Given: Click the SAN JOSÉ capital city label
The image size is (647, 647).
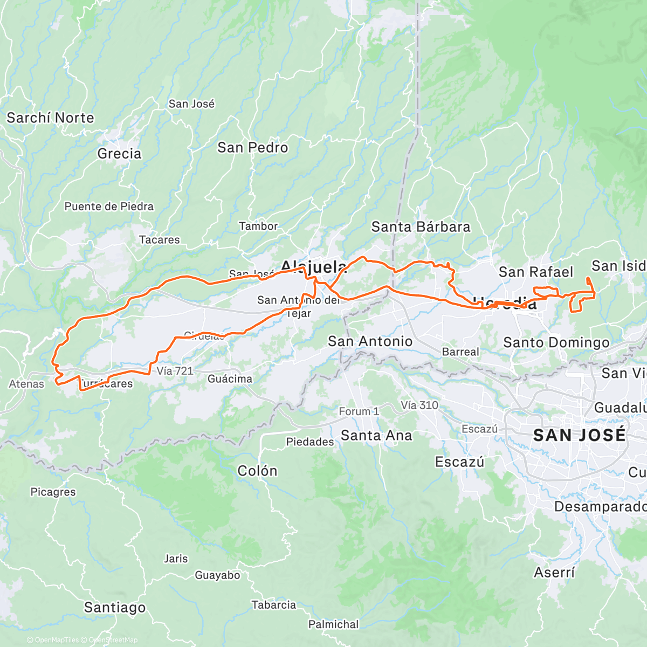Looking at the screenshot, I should pos(579,435).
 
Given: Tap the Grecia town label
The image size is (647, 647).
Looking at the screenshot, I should pos(119,154).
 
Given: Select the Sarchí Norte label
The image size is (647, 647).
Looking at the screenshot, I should pos(50,118).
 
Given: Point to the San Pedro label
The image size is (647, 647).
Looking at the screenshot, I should pos(252,148).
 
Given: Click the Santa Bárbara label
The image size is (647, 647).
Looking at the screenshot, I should pos(421,227).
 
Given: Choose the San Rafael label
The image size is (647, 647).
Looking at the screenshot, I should pos(536,272).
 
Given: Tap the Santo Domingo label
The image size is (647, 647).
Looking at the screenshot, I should pos(556,342).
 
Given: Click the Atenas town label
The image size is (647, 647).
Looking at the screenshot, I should pos(26,384).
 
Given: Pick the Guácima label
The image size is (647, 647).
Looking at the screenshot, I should pos(230,379).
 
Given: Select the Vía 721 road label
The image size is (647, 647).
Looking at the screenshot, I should pos(175,371).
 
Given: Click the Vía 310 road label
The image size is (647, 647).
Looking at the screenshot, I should pos(419,405).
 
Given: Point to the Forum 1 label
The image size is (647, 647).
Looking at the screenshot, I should pos(359,411).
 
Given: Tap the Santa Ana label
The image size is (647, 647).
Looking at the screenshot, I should pos(376,436).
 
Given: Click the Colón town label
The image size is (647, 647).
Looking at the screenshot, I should pos(257,471).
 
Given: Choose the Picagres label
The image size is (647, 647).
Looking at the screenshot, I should pos(53,492).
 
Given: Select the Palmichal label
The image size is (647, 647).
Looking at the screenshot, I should pos(333,624).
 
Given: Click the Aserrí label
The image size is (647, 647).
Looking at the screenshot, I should pos(554,573).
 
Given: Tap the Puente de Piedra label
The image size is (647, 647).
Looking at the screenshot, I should pos(109,207).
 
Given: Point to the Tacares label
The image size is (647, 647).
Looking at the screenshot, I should pos(159,240).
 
